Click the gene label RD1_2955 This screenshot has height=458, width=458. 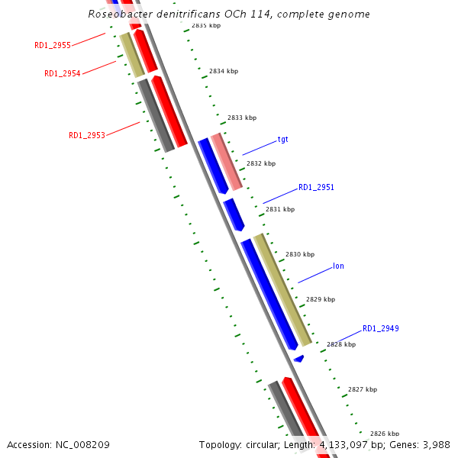(x=53, y=46)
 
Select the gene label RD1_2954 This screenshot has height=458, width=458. (x=63, y=74)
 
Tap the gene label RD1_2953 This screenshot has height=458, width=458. (x=87, y=136)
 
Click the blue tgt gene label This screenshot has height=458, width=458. (x=282, y=140)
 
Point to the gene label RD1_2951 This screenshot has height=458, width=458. (x=316, y=187)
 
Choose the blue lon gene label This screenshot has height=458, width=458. (x=338, y=266)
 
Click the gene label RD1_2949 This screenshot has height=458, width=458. (x=380, y=329)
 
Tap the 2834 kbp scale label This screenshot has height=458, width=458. (x=223, y=71)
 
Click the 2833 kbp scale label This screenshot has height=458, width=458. (x=242, y=118)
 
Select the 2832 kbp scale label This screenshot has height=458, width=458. (x=261, y=163)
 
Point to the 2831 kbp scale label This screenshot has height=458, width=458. (x=279, y=209)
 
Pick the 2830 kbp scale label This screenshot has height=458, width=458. (x=300, y=254)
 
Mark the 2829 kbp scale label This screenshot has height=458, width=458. (x=321, y=300)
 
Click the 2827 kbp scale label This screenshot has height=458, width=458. (x=363, y=389)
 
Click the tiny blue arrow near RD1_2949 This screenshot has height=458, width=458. (x=299, y=358)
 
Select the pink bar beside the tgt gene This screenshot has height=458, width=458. (x=227, y=161)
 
